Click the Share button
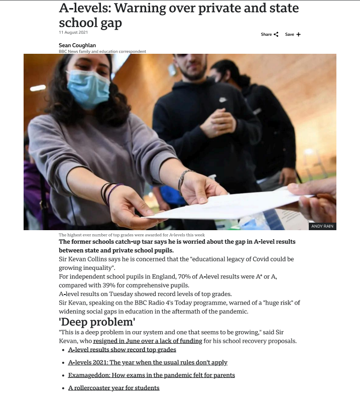click(x=269, y=34)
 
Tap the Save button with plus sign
click(x=293, y=34)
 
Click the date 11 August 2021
click(x=73, y=32)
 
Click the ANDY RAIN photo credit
click(x=322, y=226)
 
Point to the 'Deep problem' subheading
click(x=97, y=322)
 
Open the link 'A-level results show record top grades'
click(x=122, y=349)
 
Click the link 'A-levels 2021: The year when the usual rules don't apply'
click(x=148, y=362)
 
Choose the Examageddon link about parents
click(x=151, y=375)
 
